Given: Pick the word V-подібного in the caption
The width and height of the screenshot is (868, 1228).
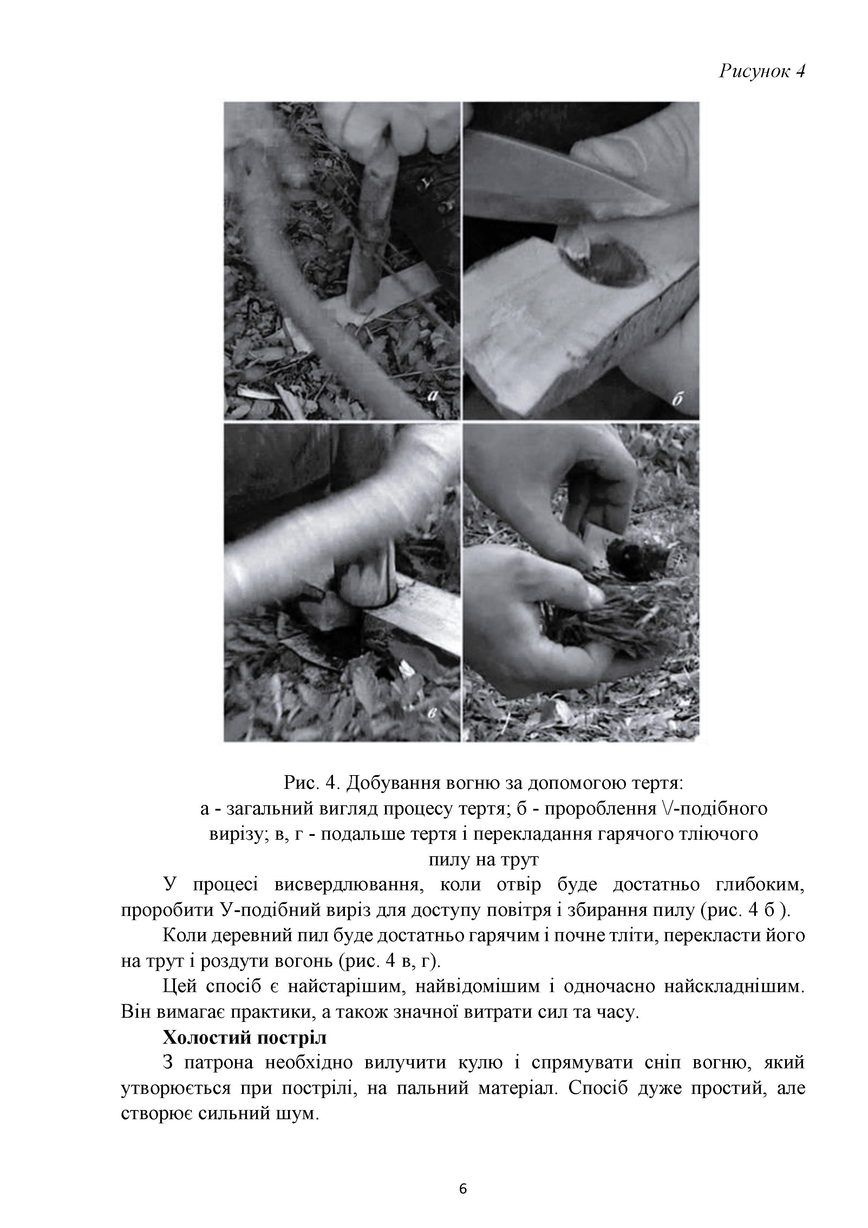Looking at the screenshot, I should tap(712, 809).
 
